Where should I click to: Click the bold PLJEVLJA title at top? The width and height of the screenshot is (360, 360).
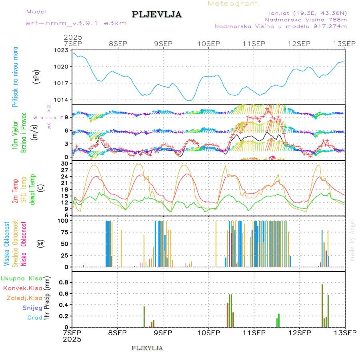tap(157, 15)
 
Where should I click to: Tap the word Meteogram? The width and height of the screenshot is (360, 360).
tap(233, 4)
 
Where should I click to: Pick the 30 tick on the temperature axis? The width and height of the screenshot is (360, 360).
tap(65, 164)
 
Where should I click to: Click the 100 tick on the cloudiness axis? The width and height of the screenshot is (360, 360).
tap(64, 221)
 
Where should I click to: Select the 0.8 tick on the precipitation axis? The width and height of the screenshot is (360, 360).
tap(64, 282)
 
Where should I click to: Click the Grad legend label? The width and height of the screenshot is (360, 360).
tap(35, 318)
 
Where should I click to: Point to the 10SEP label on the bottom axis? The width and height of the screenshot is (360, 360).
tap(208, 332)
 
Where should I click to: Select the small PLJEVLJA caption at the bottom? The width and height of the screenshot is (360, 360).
tap(147, 348)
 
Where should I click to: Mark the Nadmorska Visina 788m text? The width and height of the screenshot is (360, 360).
tap(306, 19)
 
